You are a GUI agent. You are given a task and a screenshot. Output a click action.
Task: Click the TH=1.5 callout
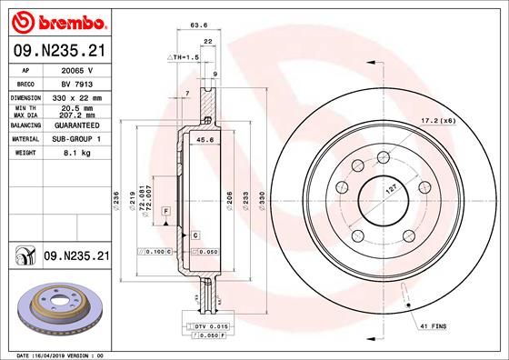[185, 57]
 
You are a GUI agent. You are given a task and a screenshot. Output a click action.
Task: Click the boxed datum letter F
[167, 211]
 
